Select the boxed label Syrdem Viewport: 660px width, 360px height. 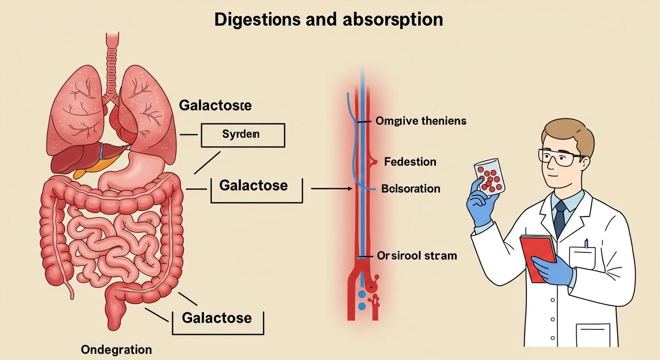pyautogui.click(x=242, y=135)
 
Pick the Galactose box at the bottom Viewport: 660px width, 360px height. pyautogui.click(x=217, y=318)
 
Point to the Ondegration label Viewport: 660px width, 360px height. pyautogui.click(x=116, y=350)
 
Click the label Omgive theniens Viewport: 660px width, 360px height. pyautogui.click(x=421, y=121)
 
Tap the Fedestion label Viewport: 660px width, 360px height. pyautogui.click(x=410, y=162)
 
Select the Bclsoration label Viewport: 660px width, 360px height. pyautogui.click(x=411, y=189)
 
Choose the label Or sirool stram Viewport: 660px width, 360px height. pyautogui.click(x=417, y=256)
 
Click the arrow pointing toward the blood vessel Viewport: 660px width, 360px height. pyautogui.click(x=331, y=188)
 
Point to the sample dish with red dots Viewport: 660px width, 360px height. pyautogui.click(x=489, y=177)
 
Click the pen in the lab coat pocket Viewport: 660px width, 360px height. pyautogui.click(x=586, y=244)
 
